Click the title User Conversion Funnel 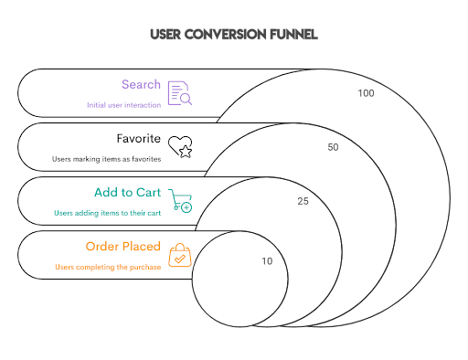click(x=233, y=36)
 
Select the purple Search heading click(x=141, y=85)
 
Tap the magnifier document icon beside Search click(x=179, y=93)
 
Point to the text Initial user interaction click(x=124, y=105)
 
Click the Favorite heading click(x=139, y=140)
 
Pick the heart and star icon click(x=180, y=147)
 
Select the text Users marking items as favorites click(x=107, y=159)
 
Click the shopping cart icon click(x=181, y=201)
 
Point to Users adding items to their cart click(x=108, y=213)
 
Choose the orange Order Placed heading click(x=123, y=247)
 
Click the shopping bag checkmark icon click(x=180, y=255)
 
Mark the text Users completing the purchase click(x=107, y=267)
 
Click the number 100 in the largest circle click(x=367, y=93)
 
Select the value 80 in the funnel click(x=333, y=146)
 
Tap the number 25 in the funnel click(x=303, y=200)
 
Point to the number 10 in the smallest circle click(x=266, y=261)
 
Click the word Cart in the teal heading click(x=147, y=194)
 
